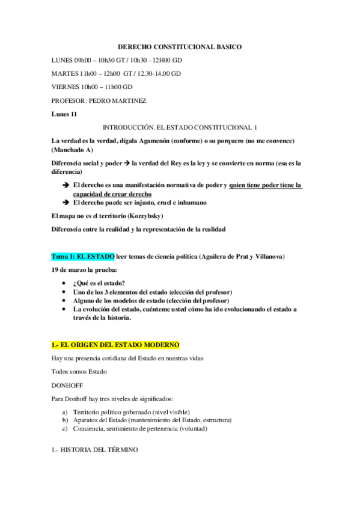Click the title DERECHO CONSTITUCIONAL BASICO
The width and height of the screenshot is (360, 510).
180,46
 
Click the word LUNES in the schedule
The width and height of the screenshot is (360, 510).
63,60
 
